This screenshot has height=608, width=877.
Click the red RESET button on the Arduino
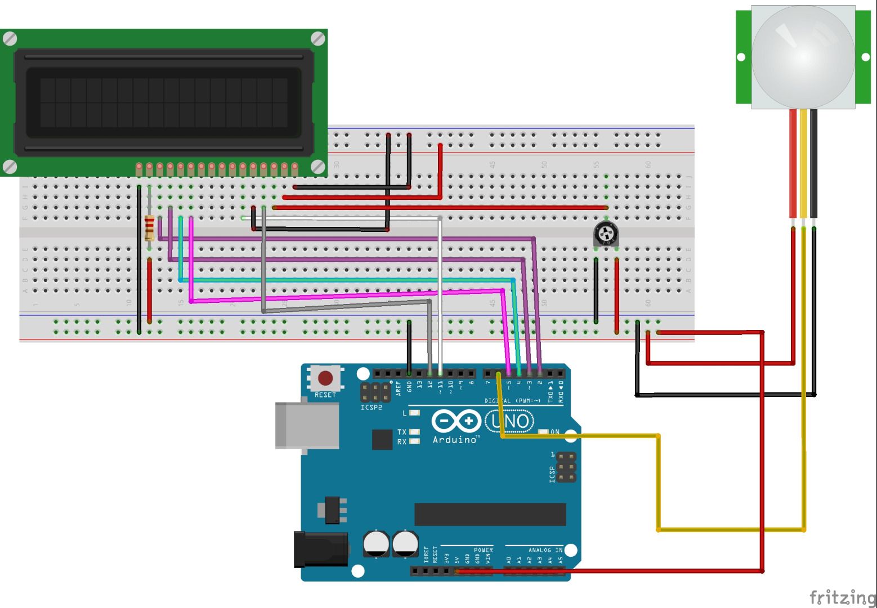pyautogui.click(x=325, y=378)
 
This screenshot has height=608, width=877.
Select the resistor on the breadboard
pyautogui.click(x=149, y=227)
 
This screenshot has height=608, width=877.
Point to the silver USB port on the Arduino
pyautogui.click(x=307, y=426)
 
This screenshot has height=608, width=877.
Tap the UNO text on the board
pyautogui.click(x=510, y=421)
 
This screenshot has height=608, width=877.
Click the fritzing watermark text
pyautogui.click(x=842, y=597)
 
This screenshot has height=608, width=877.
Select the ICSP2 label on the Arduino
pyautogui.click(x=372, y=407)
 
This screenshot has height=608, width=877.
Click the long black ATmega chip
pyautogui.click(x=490, y=514)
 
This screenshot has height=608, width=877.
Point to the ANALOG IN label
pyautogui.click(x=545, y=550)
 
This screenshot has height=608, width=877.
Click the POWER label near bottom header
pyautogui.click(x=483, y=550)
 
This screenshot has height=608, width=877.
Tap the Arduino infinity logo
pyautogui.click(x=456, y=421)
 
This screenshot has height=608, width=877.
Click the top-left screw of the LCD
pyautogui.click(x=10, y=39)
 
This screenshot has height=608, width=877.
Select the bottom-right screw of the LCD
pyautogui.click(x=318, y=167)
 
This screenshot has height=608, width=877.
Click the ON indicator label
pyautogui.click(x=555, y=432)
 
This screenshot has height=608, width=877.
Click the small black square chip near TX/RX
pyautogui.click(x=382, y=440)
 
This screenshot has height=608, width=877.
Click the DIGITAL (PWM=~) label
pyautogui.click(x=512, y=401)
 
